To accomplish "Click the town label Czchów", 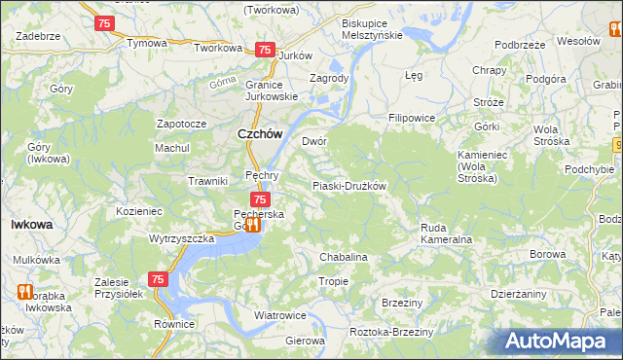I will [260, 135].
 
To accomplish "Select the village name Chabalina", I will [343, 257].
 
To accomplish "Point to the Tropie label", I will [333, 281].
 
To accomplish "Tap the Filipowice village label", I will [411, 118].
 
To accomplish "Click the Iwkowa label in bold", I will [31, 224].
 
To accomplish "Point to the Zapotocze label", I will [181, 125].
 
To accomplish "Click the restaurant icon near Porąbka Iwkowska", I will [25, 291].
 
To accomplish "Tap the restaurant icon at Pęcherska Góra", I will [254, 225].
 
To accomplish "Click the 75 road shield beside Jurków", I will [263, 50].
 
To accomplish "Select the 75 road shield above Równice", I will [159, 279].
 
